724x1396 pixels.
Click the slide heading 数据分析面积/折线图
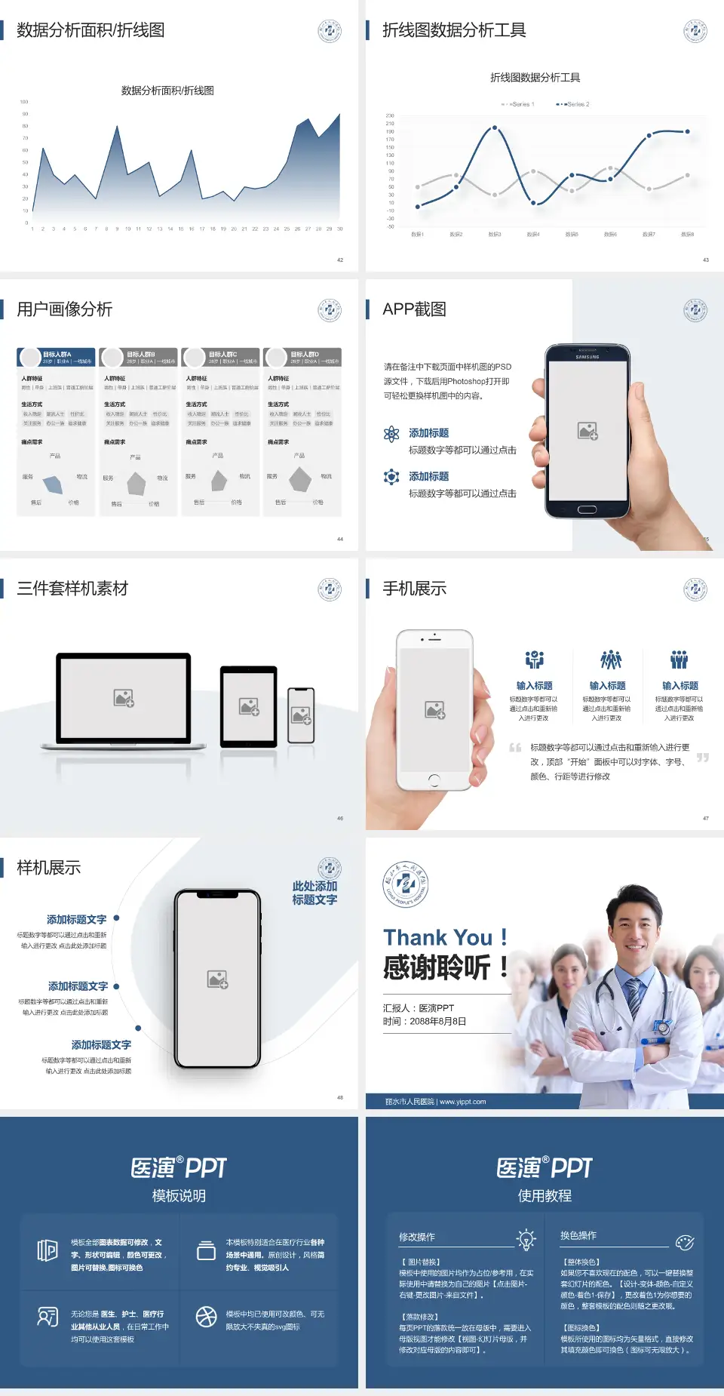coord(90,30)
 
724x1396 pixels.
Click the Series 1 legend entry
coord(518,104)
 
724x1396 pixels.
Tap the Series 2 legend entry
coord(574,104)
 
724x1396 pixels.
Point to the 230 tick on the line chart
coord(390,115)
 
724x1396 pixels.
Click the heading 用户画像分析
coord(65,309)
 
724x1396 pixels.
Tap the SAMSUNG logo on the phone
coord(587,357)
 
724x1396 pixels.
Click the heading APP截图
coord(414,309)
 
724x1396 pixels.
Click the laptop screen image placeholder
coord(124,698)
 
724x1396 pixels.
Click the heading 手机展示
coord(414,589)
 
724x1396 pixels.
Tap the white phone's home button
coord(434,779)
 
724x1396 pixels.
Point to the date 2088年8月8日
coord(438,1022)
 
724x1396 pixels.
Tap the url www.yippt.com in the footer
coord(462,1102)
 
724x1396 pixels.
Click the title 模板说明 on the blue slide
coord(179,1196)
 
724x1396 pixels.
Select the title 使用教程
coord(545,1196)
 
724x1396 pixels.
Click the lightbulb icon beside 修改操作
coord(526,1238)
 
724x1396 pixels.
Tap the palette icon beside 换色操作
coord(685,1242)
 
